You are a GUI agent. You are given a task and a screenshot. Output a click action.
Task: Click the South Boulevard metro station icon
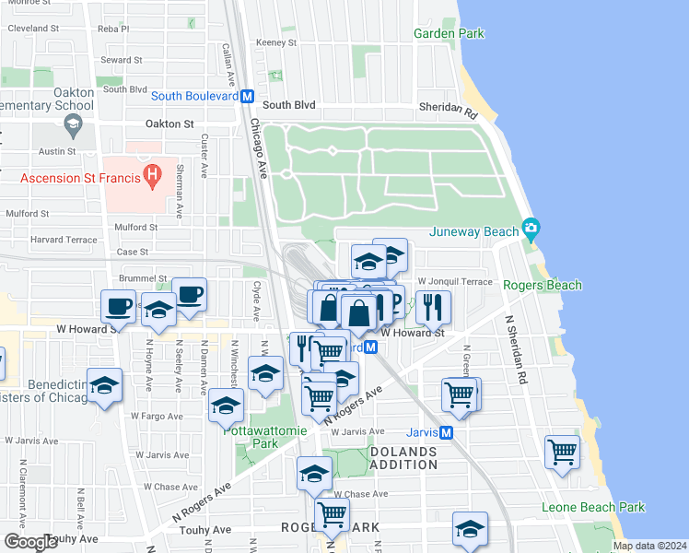(x=247, y=96)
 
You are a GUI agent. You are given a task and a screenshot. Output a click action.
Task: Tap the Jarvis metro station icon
(x=446, y=432)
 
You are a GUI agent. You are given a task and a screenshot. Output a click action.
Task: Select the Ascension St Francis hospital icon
(x=155, y=172)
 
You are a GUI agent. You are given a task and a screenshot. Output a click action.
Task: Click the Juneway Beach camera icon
(x=530, y=227)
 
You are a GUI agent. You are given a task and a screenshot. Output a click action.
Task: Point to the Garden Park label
(x=449, y=33)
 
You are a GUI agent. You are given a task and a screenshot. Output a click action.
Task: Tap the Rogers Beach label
(x=543, y=285)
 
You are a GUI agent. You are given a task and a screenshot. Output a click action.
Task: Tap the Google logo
(x=31, y=542)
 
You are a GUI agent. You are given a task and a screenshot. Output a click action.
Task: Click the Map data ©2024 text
(x=649, y=546)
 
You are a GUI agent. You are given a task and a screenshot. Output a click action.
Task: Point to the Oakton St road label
(x=169, y=124)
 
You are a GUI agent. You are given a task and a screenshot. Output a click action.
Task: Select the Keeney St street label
(x=276, y=42)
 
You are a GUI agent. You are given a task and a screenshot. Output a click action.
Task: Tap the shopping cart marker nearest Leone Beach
(x=562, y=453)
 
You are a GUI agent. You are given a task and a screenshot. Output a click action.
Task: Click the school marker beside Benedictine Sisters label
(x=106, y=385)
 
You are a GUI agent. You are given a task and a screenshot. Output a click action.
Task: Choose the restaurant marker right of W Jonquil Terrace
(x=432, y=305)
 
